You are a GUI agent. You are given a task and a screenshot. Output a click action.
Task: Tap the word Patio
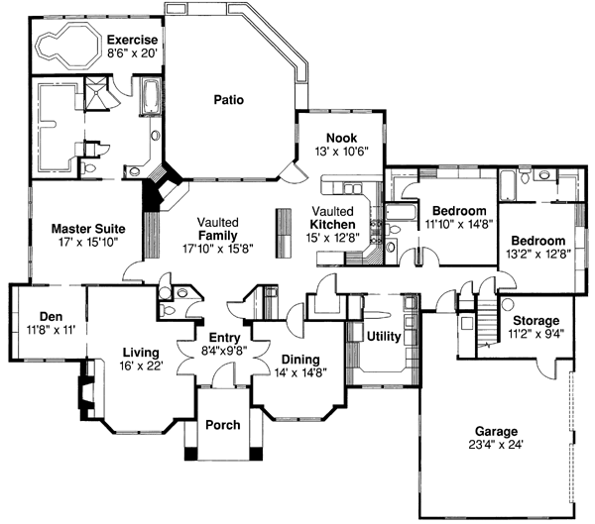(228, 100)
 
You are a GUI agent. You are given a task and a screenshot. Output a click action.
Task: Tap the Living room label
(142, 352)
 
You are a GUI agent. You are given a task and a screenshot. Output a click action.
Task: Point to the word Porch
(222, 425)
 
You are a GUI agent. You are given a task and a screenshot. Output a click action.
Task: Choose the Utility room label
(383, 337)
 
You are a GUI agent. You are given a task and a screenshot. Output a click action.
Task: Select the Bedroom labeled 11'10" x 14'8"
(457, 211)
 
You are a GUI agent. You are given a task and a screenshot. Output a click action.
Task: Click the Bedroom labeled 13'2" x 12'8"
(538, 241)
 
